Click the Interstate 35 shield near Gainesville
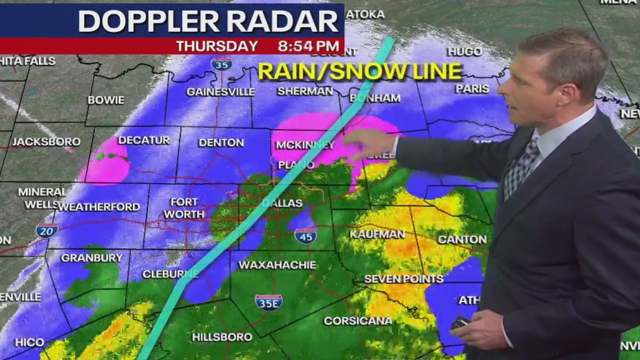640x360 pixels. [x=221, y=64]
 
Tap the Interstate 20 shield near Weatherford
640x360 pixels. [x=47, y=230]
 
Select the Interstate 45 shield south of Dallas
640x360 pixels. [x=305, y=236]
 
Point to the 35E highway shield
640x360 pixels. [x=268, y=302]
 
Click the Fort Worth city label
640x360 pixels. [x=184, y=208]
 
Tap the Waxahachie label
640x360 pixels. [x=277, y=265]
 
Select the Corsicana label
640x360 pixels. [x=358, y=320]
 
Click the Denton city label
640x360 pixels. [x=221, y=143]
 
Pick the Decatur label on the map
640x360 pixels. [x=143, y=140]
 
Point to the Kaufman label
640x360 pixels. [x=377, y=234]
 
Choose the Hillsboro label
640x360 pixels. [x=222, y=337]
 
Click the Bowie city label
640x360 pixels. [x=106, y=100]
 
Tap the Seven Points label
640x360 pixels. [x=403, y=279]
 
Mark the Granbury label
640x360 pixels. [x=91, y=258]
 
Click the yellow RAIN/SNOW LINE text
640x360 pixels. [x=359, y=71]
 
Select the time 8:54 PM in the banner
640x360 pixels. [x=308, y=46]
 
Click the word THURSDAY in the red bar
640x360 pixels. [x=217, y=46]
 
